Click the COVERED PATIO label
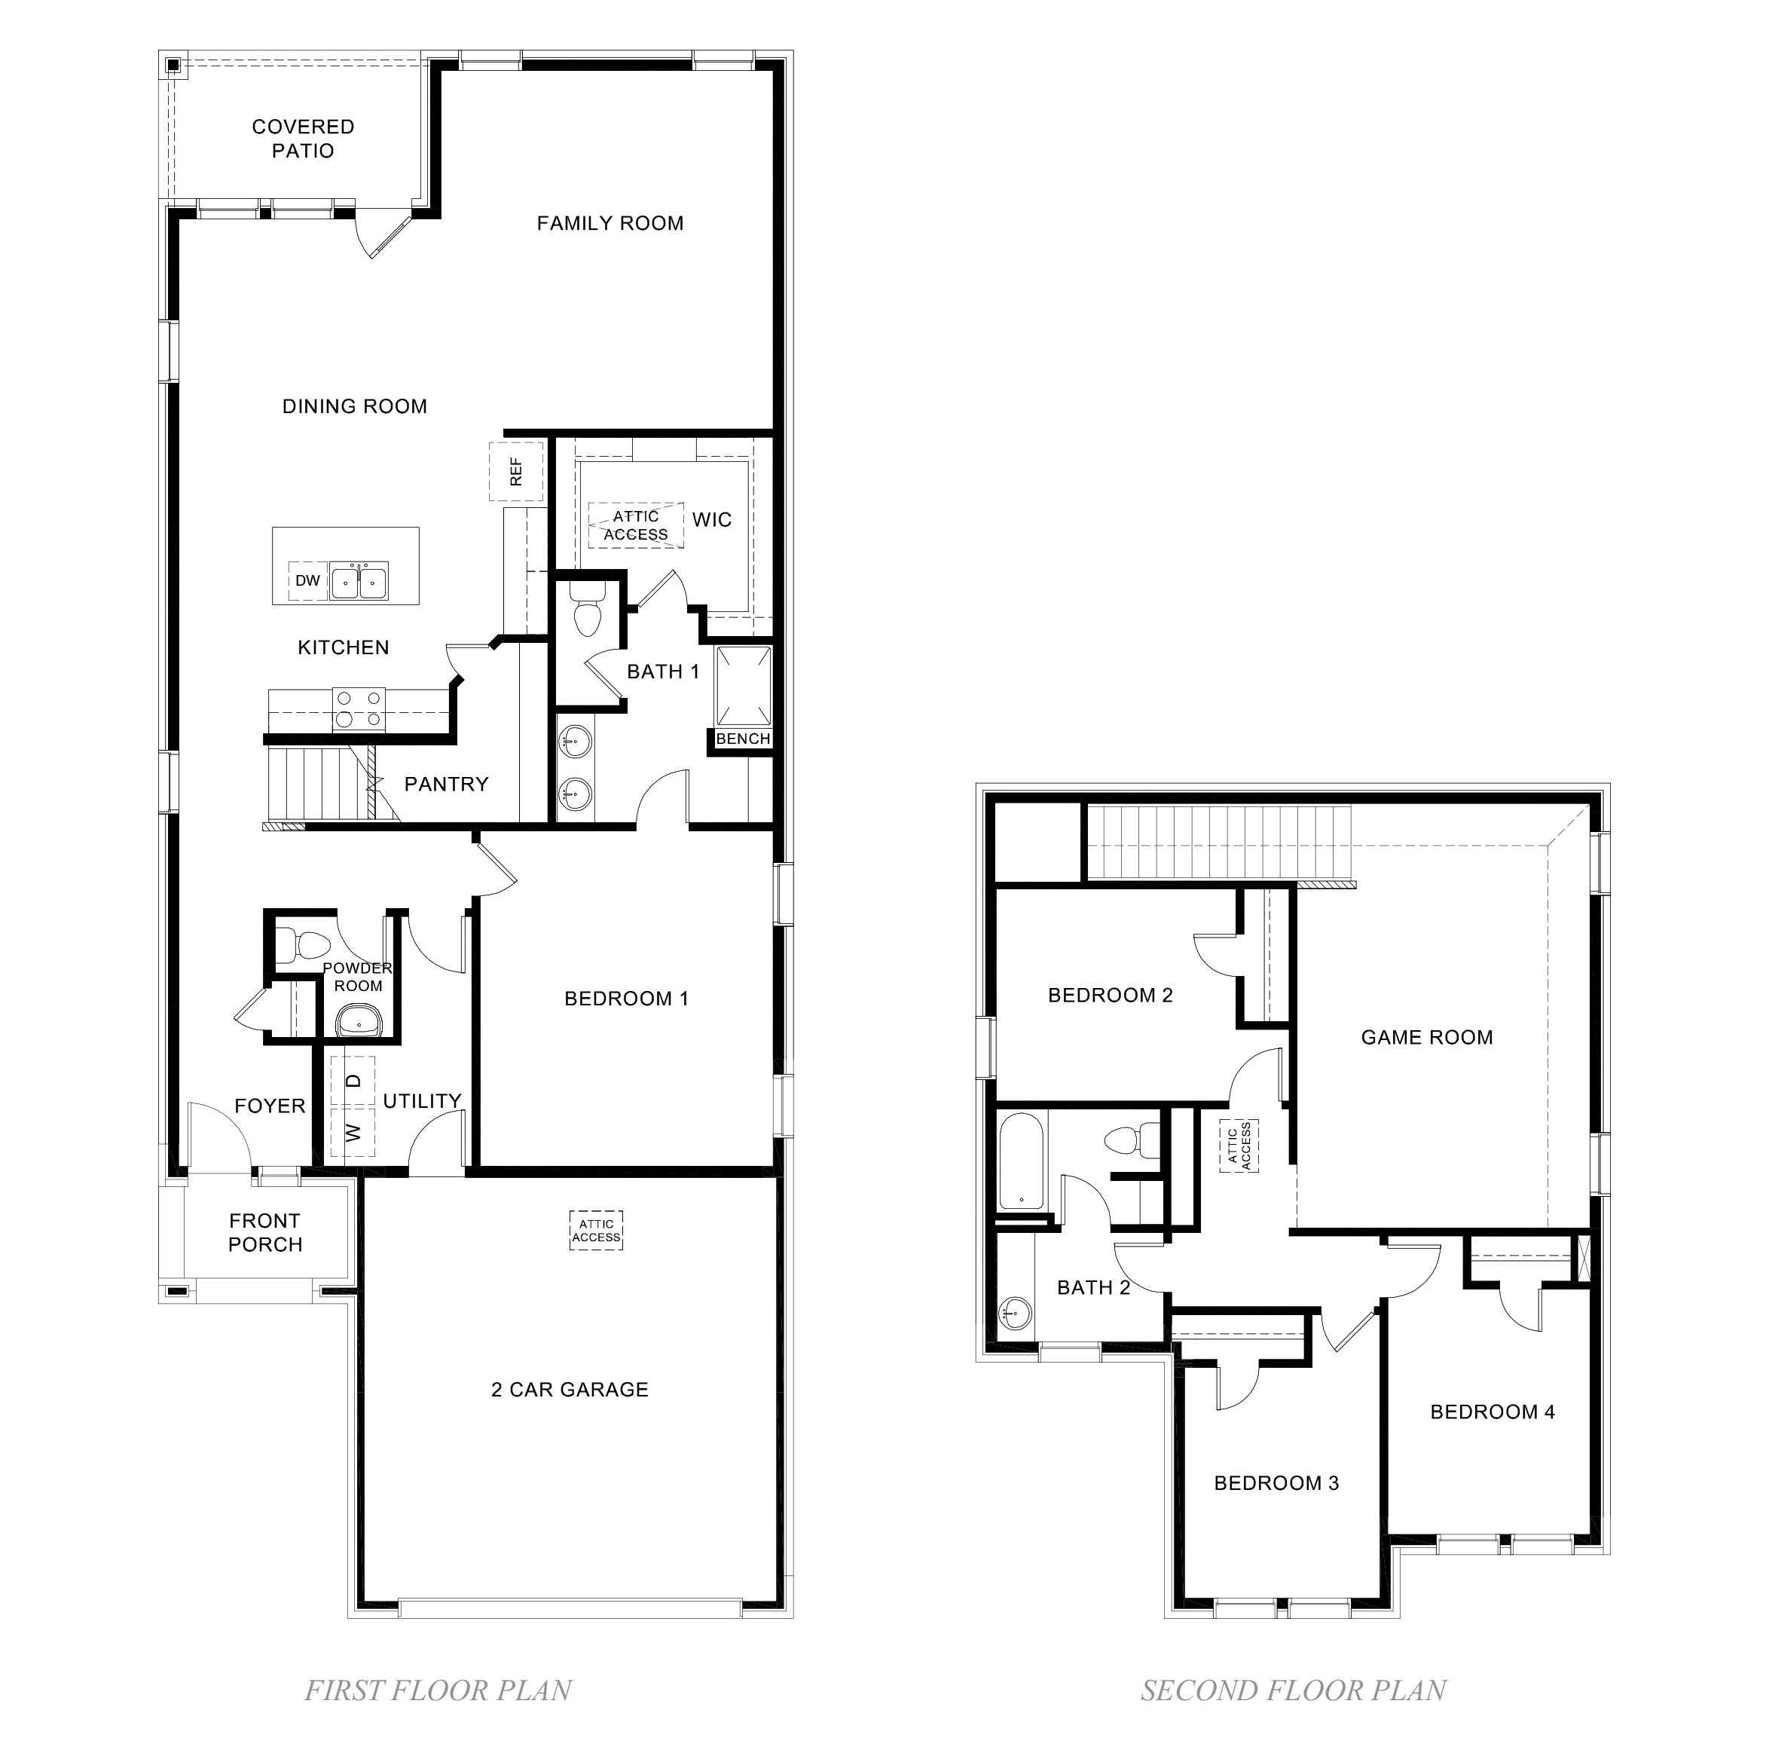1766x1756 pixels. click(x=303, y=139)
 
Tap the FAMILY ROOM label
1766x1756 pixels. click(x=610, y=223)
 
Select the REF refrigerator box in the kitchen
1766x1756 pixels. click(x=516, y=471)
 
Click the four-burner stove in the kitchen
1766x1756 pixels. click(x=359, y=708)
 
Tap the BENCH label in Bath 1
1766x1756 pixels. click(x=742, y=739)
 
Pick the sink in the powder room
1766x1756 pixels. click(x=359, y=1020)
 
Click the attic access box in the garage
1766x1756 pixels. click(x=596, y=1231)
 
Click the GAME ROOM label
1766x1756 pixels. click(x=1426, y=1037)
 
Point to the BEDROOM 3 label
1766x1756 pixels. click(x=1276, y=1483)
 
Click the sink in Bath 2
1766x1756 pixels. click(x=1015, y=1314)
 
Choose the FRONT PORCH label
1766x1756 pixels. click(x=265, y=1233)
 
